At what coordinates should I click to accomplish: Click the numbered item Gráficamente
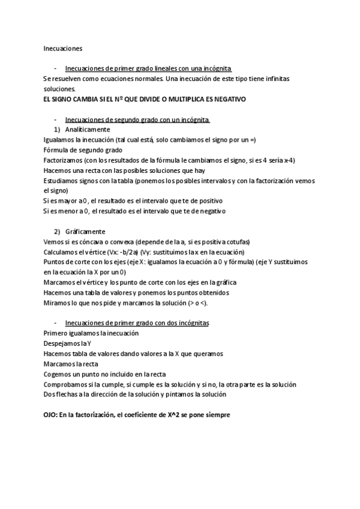click(85, 232)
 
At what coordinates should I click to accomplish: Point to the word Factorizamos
click(63, 160)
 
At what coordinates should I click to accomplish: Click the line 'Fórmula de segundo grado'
click(83, 150)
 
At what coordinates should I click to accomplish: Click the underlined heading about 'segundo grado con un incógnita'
click(137, 119)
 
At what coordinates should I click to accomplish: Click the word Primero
click(56, 334)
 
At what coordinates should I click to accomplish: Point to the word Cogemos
click(58, 375)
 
